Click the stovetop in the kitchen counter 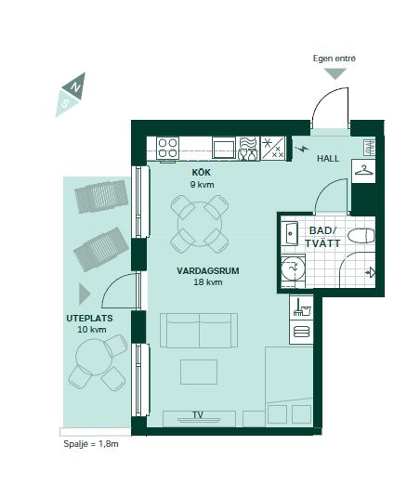pyautogui.click(x=167, y=148)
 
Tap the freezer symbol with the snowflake pyautogui.click(x=272, y=148)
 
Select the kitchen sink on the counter pyautogui.click(x=224, y=149)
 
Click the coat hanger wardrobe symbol pyautogui.click(x=363, y=171)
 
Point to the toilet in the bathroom pyautogui.click(x=361, y=236)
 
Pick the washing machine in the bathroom pyautogui.click(x=294, y=268)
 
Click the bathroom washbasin pyautogui.click(x=290, y=233)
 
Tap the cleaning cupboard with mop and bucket pyautogui.click(x=301, y=307)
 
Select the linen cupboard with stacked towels pyautogui.click(x=301, y=332)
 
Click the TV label pyautogui.click(x=198, y=414)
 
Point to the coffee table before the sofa pyautogui.click(x=199, y=372)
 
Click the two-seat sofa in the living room pyautogui.click(x=199, y=331)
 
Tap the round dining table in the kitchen pyautogui.click(x=200, y=224)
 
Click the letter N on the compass pyautogui.click(x=75, y=86)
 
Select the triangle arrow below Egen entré pyautogui.click(x=335, y=73)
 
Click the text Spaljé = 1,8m pyautogui.click(x=91, y=444)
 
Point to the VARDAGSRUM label pyautogui.click(x=208, y=271)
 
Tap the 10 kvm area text pyautogui.click(x=92, y=330)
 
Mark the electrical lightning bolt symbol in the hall pyautogui.click(x=301, y=149)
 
